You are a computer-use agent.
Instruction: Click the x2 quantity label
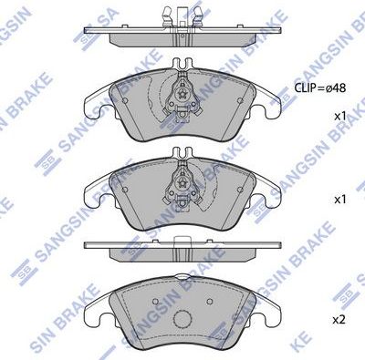pos(339,320)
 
